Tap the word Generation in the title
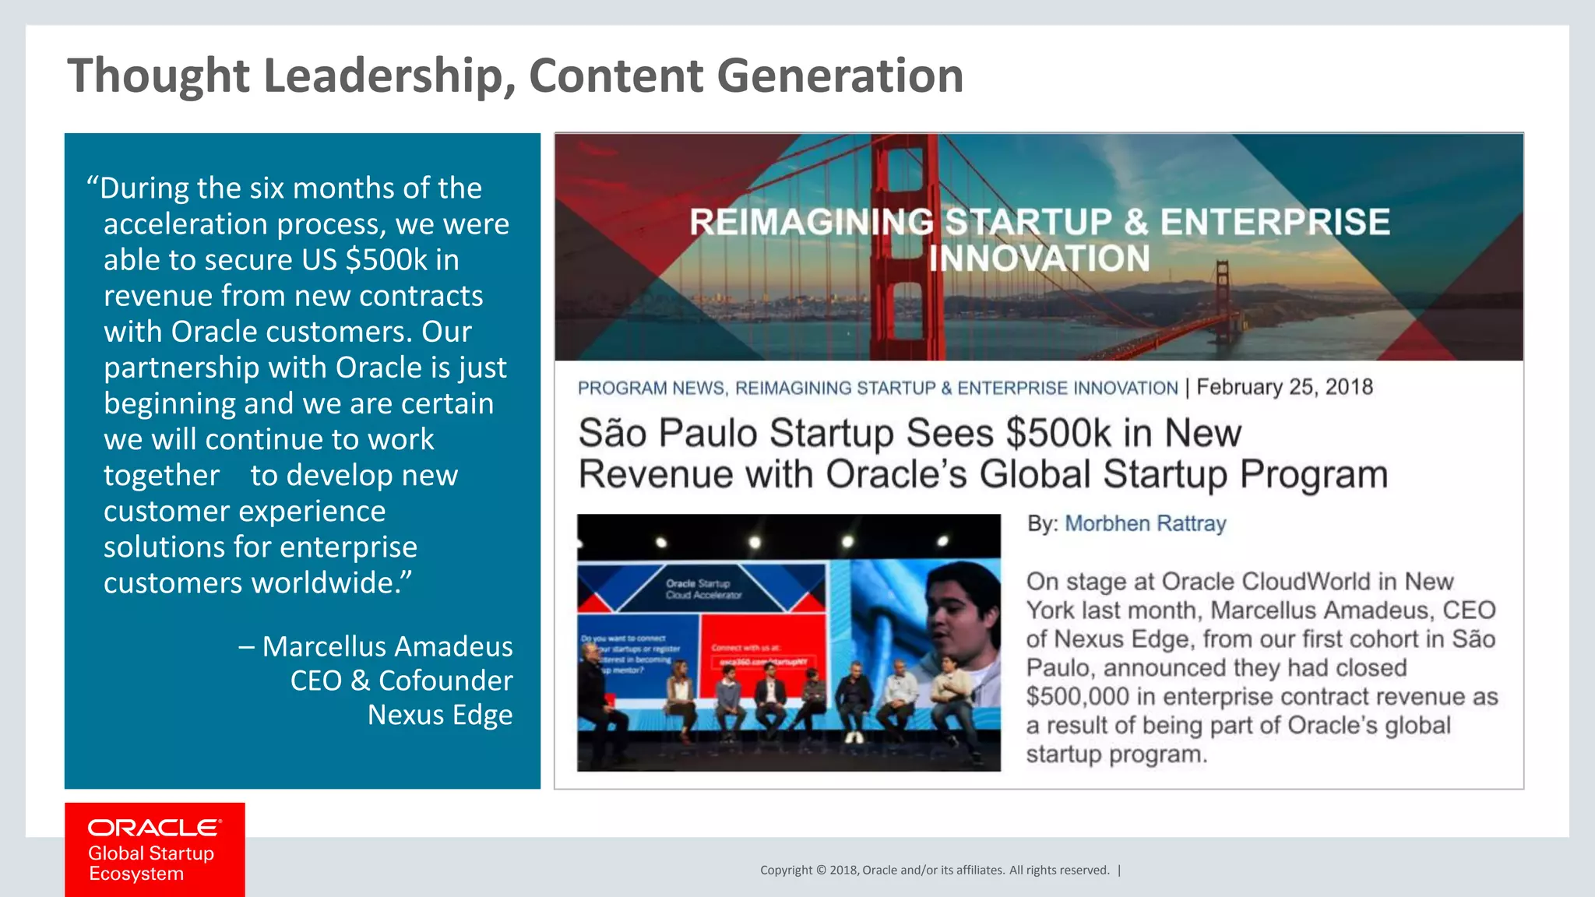(840, 76)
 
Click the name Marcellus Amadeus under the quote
(387, 646)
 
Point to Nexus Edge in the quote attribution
(439, 715)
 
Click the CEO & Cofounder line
(401, 681)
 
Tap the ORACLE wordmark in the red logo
(154, 828)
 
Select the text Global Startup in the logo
(150, 853)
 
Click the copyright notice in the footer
(935, 871)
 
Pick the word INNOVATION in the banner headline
(1039, 259)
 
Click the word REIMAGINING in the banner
(811, 223)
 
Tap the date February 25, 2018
(1284, 387)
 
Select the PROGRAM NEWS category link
(651, 388)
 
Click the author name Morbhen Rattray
(1145, 523)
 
